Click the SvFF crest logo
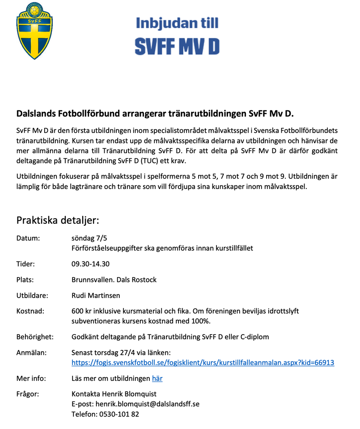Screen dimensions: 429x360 pos(34,30)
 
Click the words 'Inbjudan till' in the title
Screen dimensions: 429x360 pos(178,23)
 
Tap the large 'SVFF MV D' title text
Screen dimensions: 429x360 pos(178,45)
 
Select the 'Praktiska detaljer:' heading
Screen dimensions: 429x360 pos(58,220)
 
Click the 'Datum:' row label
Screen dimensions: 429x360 pos(28,238)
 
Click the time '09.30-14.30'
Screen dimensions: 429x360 pos(90,264)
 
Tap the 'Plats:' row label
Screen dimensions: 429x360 pos(25,280)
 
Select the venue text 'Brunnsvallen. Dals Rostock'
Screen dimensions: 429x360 pos(114,280)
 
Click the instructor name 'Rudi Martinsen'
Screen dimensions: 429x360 pos(95,295)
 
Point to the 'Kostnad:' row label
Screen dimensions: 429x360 pos(30,311)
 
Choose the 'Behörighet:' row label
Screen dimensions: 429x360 pos(35,336)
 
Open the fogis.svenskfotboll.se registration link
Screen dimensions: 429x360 pos(203,362)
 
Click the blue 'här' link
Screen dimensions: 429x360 pos(157,379)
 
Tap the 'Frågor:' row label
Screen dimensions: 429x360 pos(28,394)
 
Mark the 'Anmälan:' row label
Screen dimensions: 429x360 pos(31,353)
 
